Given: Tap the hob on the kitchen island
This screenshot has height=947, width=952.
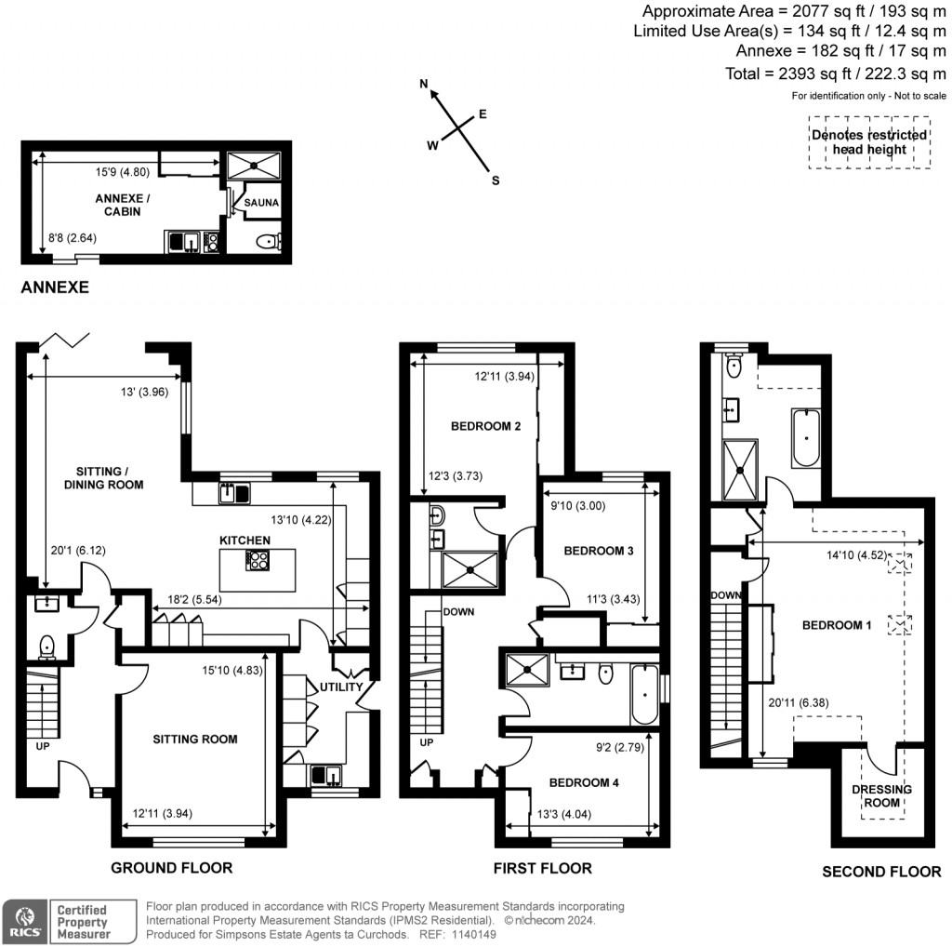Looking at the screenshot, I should click(257, 560).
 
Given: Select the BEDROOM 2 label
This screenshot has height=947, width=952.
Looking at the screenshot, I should click(485, 427).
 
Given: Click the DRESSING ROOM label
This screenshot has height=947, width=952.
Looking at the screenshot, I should click(882, 796).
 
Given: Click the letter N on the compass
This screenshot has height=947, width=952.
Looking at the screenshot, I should click(425, 85).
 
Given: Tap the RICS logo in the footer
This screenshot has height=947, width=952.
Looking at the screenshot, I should click(24, 921).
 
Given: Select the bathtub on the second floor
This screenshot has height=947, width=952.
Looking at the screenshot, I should click(805, 437).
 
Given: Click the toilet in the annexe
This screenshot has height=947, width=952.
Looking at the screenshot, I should click(267, 243).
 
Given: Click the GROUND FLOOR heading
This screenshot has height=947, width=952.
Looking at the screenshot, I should click(171, 868).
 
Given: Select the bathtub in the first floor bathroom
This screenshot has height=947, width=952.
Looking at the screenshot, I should click(645, 694).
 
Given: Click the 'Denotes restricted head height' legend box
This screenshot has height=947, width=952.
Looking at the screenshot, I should click(868, 141).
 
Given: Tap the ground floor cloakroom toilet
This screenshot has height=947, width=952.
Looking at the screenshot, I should click(44, 645).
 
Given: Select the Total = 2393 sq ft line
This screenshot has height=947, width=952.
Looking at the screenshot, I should click(835, 73).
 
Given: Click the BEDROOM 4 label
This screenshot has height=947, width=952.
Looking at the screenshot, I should click(583, 782).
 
